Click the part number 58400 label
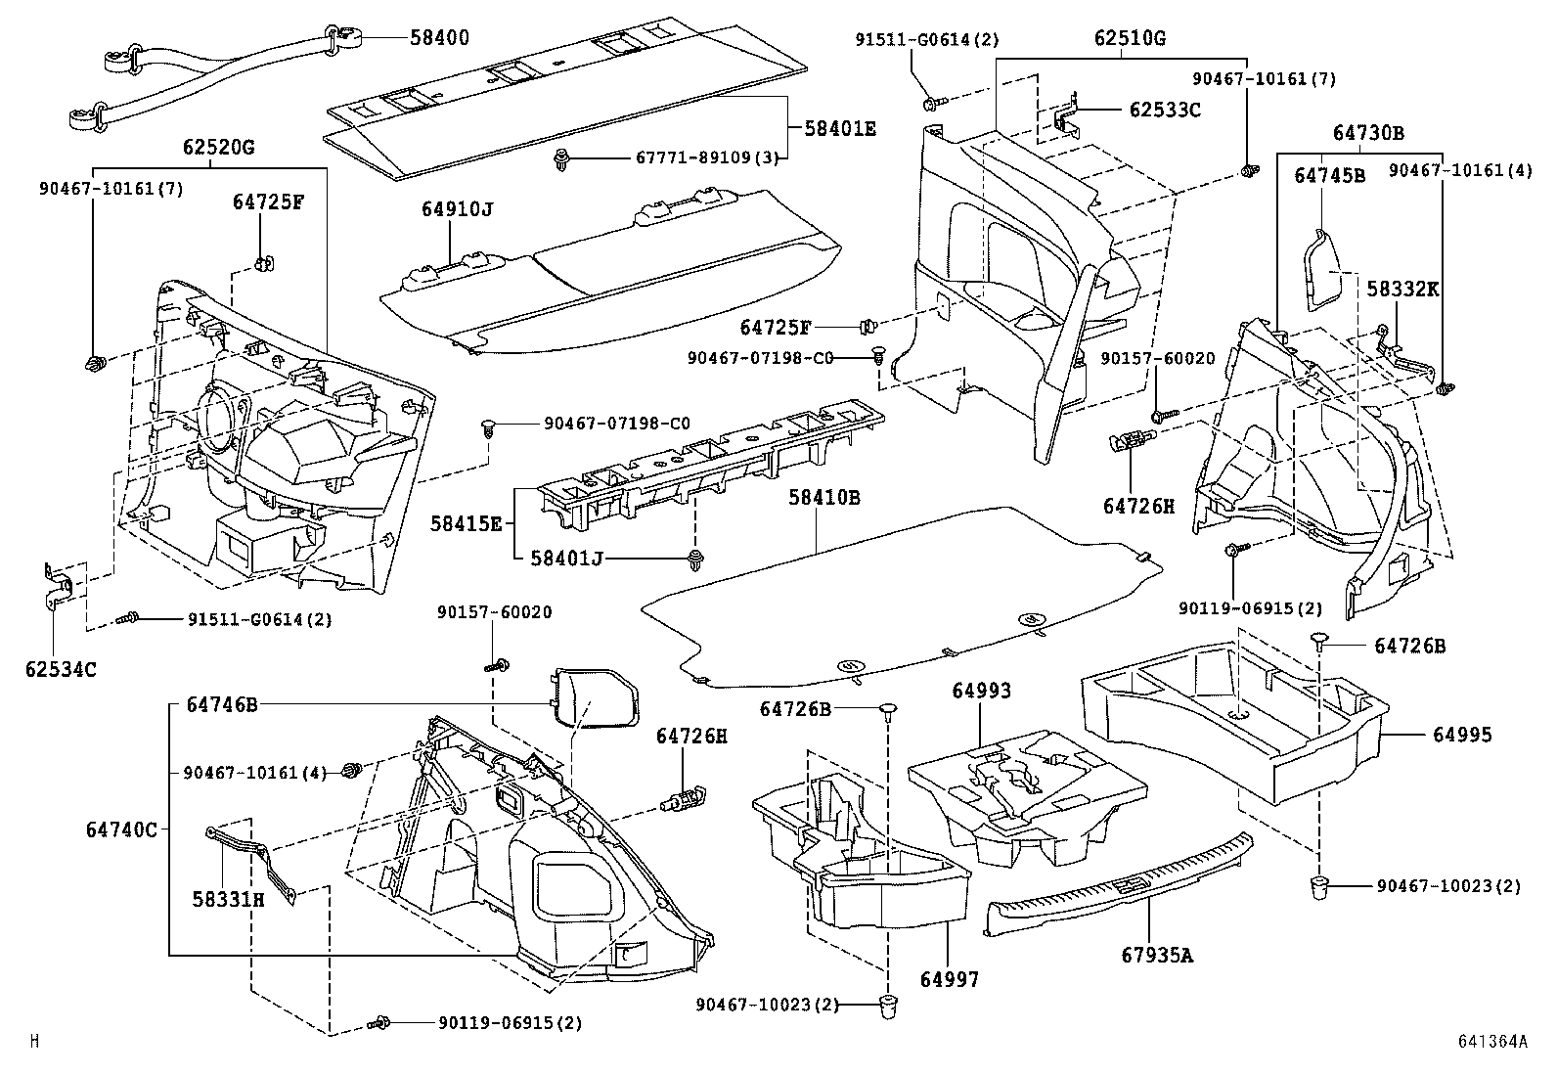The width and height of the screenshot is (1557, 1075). [439, 38]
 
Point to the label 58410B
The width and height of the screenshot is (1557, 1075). [824, 497]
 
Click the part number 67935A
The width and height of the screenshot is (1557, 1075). [1157, 955]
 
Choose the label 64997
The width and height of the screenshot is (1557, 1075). [949, 979]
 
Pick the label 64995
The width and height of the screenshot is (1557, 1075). [1462, 734]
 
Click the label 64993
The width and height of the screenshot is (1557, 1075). [982, 691]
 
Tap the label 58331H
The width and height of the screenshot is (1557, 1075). [228, 899]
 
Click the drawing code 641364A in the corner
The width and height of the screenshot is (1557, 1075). [1492, 1042]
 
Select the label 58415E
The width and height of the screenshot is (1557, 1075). [466, 524]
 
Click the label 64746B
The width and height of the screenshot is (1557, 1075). [213, 704]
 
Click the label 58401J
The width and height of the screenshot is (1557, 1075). [566, 559]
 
